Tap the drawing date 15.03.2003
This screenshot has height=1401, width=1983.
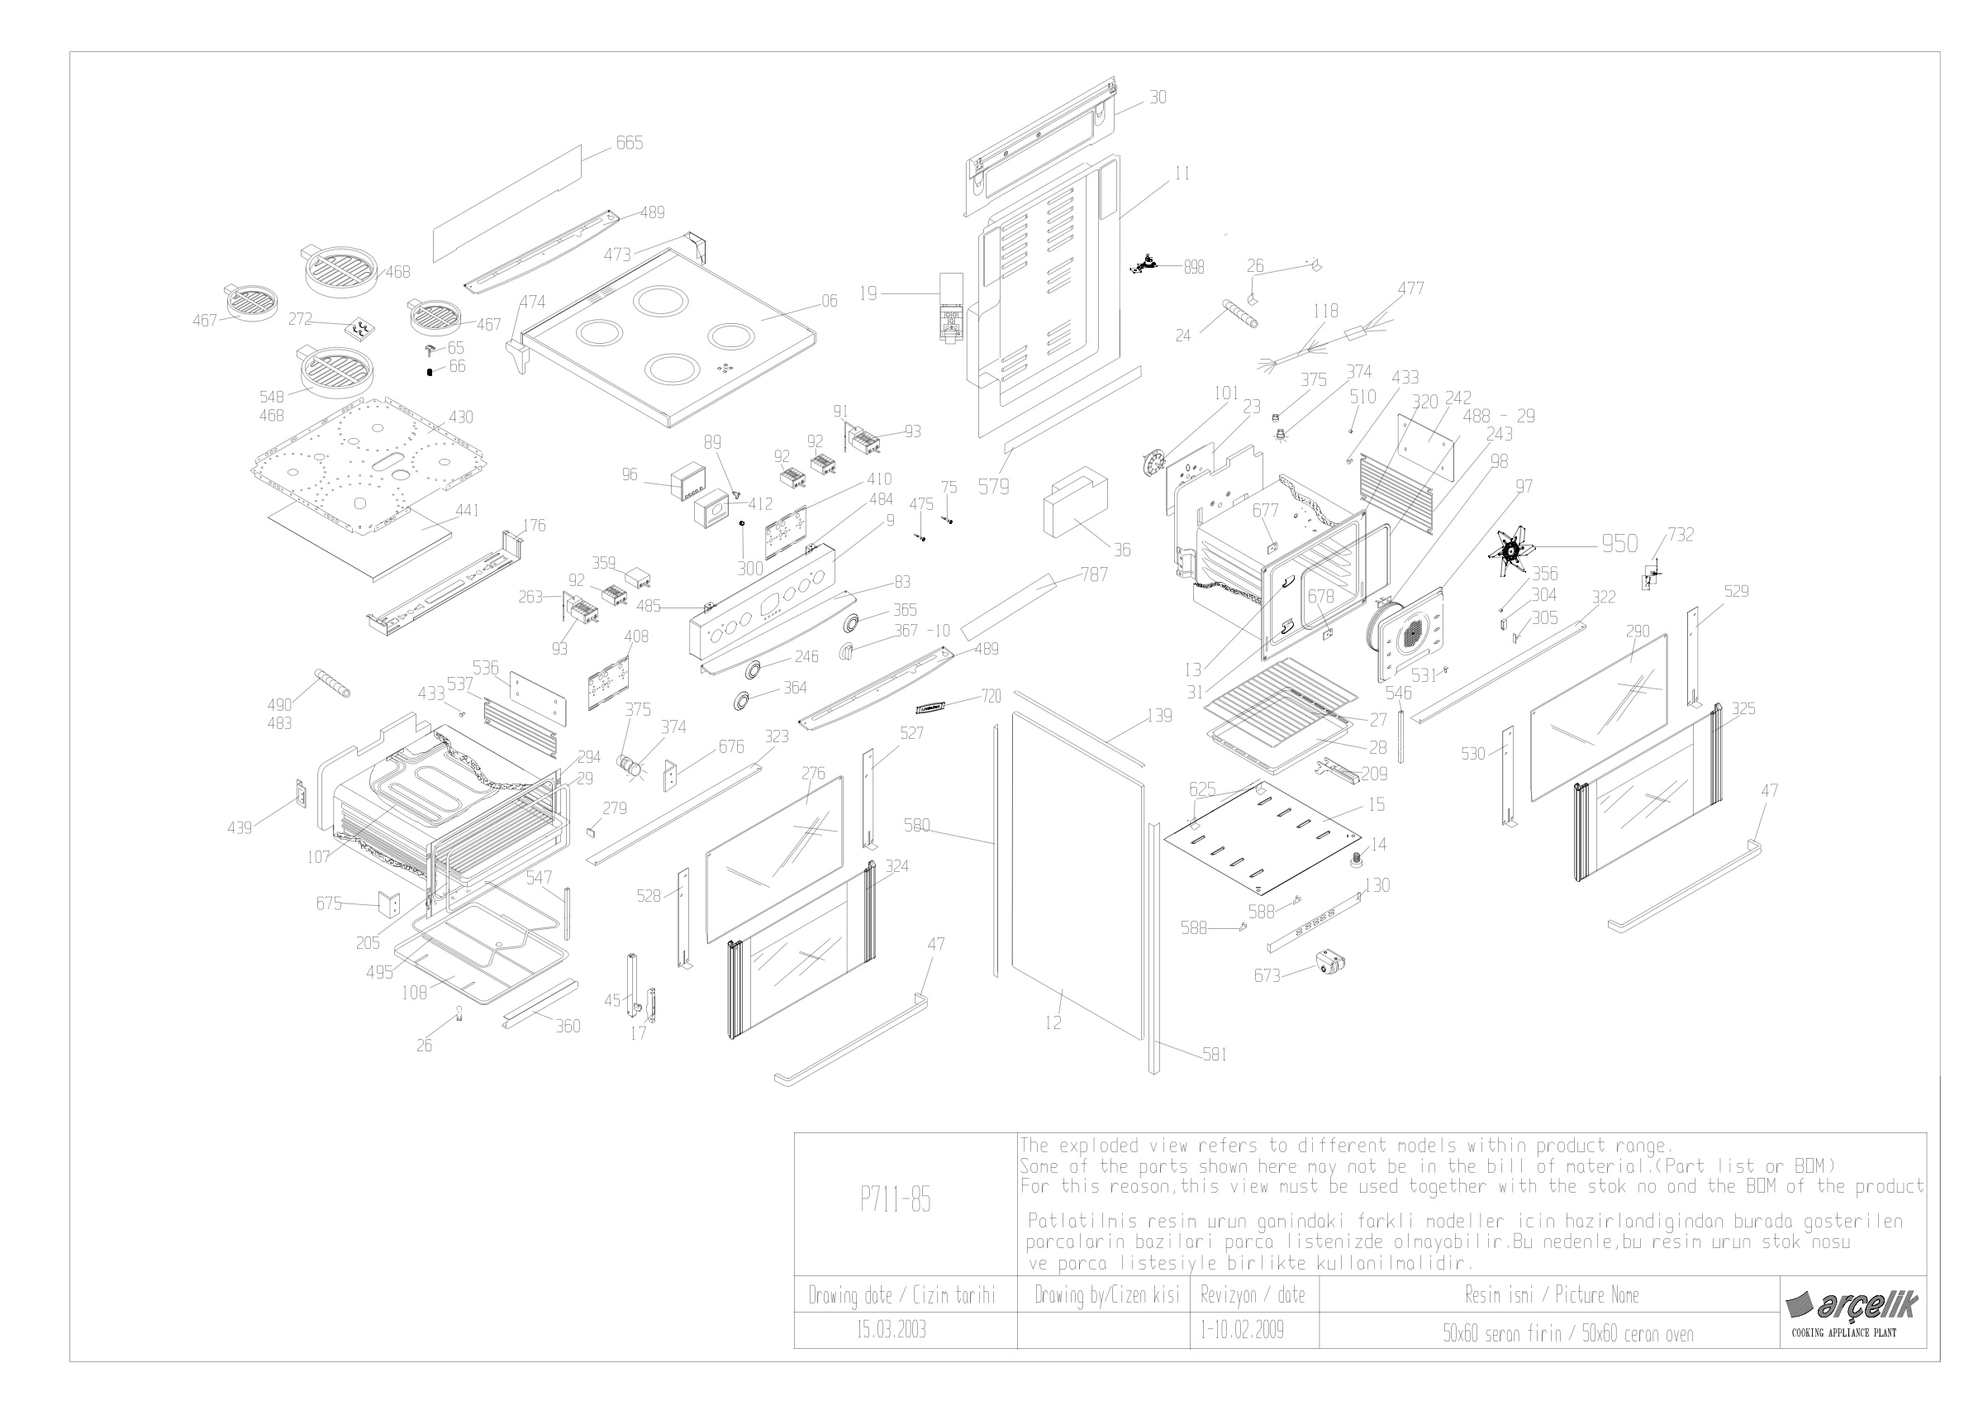click(892, 1329)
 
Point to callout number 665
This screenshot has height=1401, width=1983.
click(629, 142)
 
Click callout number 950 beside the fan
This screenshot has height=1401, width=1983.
click(1619, 543)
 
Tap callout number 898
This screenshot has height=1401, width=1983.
click(1194, 268)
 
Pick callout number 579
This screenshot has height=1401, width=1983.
click(993, 486)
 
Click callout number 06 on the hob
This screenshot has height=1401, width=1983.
click(829, 301)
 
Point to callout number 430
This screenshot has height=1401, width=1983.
click(460, 417)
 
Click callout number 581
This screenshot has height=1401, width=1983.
click(1215, 1054)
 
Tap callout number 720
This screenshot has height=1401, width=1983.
click(991, 696)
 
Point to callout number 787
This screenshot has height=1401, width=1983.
click(1093, 574)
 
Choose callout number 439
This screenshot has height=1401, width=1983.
click(240, 827)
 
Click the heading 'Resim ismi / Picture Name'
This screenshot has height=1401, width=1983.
click(1551, 1294)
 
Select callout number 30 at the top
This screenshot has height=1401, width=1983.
click(1158, 98)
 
